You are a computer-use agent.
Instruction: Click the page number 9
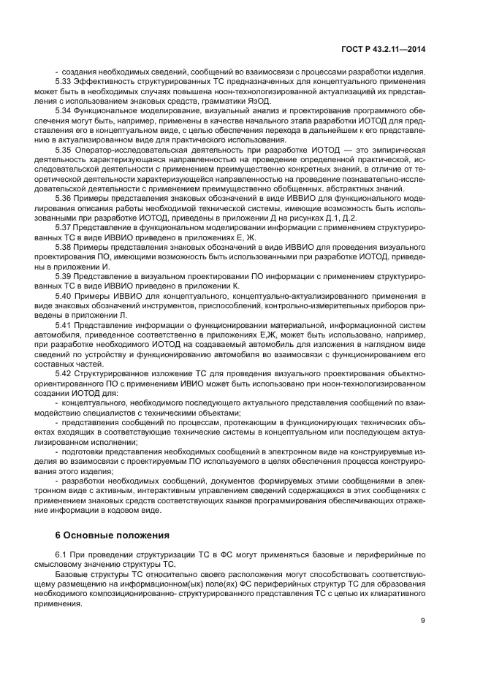(422, 622)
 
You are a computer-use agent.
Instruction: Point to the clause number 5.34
(64, 110)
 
